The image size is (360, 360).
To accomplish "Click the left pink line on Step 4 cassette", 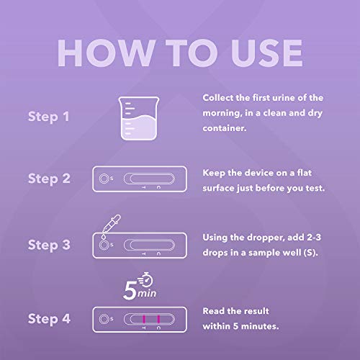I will click(144, 318).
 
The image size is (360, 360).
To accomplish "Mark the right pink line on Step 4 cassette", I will click(158, 318).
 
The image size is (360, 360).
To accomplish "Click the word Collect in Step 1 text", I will click(219, 96).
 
